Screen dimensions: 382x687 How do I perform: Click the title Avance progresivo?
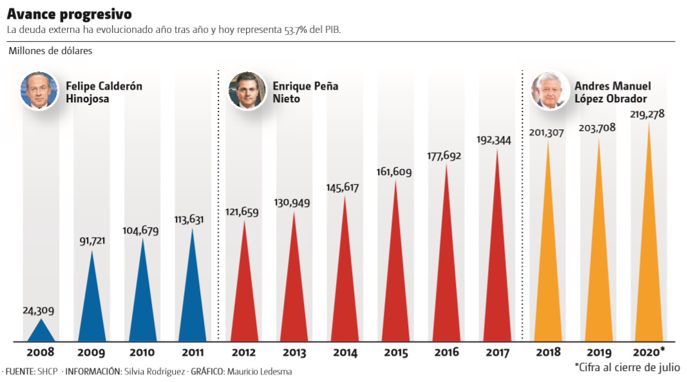69,14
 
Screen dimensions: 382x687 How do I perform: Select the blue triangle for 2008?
39,332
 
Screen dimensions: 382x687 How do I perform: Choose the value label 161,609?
393,172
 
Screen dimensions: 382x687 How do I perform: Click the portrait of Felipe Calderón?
38,90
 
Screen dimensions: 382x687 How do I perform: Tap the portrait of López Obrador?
549,90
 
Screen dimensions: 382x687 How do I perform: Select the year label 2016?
446,353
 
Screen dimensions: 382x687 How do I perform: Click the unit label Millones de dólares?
50,52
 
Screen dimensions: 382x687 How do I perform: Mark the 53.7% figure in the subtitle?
296,30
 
